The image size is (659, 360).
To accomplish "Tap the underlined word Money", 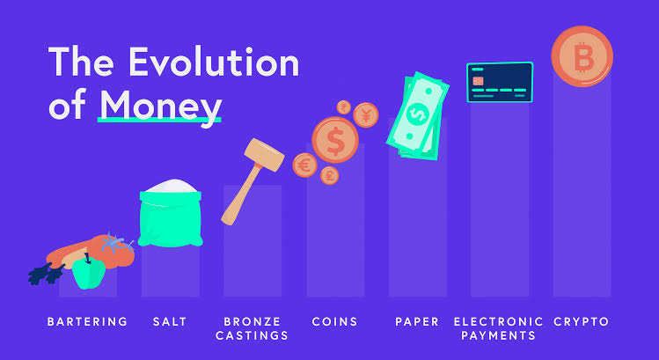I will [x=159, y=105].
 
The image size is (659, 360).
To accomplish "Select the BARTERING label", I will [x=87, y=321].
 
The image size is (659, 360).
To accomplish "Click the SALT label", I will [x=169, y=321].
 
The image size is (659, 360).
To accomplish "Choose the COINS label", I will [x=334, y=321].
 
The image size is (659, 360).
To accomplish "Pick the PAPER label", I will [x=417, y=321].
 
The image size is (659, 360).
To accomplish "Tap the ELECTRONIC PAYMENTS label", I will [x=498, y=328].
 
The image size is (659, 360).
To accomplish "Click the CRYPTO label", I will [x=582, y=321].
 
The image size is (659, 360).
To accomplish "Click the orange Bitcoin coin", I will [x=582, y=56].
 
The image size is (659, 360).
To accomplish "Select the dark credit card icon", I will [x=499, y=84].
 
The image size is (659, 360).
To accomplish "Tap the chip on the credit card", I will [x=478, y=80].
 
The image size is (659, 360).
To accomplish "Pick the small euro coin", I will [x=304, y=165].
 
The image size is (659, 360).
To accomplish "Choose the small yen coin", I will [x=366, y=114].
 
